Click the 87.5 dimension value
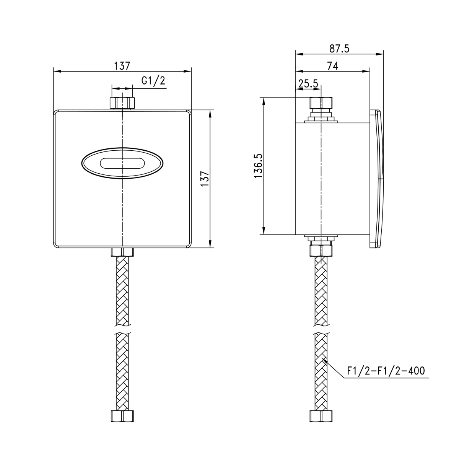point(339,49)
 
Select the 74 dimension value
point(332,66)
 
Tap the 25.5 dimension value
point(308,84)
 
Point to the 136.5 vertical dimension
point(258,166)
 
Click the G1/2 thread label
point(153,81)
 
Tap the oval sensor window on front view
point(122,163)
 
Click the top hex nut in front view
point(122,103)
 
